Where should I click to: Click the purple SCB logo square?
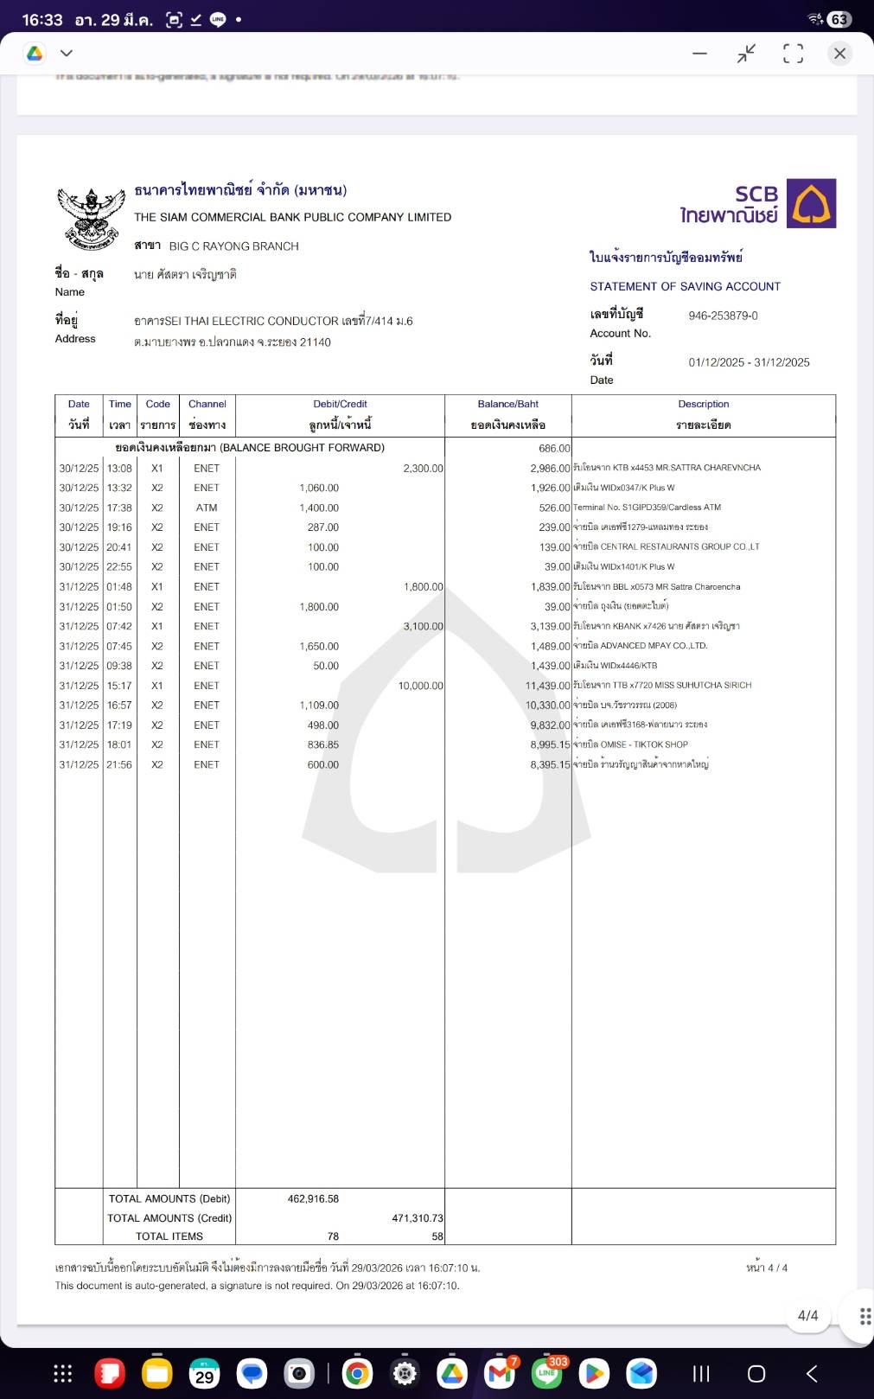tap(811, 203)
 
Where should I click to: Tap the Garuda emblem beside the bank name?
tap(91, 219)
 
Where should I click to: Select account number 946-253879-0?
tap(723, 316)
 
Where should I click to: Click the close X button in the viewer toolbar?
tap(839, 54)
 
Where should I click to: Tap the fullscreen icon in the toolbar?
tap(793, 54)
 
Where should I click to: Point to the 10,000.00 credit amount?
tap(420, 686)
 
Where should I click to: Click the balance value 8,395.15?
tap(550, 764)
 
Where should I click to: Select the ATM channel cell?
tap(207, 508)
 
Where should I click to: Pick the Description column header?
tap(703, 404)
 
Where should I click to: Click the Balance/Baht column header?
tap(507, 404)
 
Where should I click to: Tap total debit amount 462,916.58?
tap(313, 1199)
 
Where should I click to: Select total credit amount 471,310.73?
tap(417, 1218)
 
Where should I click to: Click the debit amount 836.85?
tap(322, 744)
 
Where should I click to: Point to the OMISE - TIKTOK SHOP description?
tap(630, 744)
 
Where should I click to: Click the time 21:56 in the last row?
tap(119, 764)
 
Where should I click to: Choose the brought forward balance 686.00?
tap(553, 448)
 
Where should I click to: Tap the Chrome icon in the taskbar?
tap(357, 1373)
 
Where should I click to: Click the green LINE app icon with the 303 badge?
tap(547, 1373)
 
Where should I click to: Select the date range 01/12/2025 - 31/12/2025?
tap(749, 362)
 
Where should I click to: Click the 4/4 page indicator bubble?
tap(807, 1315)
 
